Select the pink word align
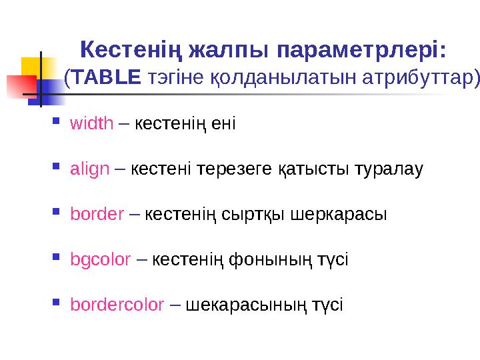click(x=89, y=169)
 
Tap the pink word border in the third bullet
click(x=97, y=214)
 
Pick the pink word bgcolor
click(x=100, y=259)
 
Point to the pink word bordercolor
click(x=117, y=305)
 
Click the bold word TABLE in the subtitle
click(x=107, y=78)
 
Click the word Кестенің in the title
click(x=131, y=51)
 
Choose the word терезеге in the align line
click(x=241, y=169)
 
